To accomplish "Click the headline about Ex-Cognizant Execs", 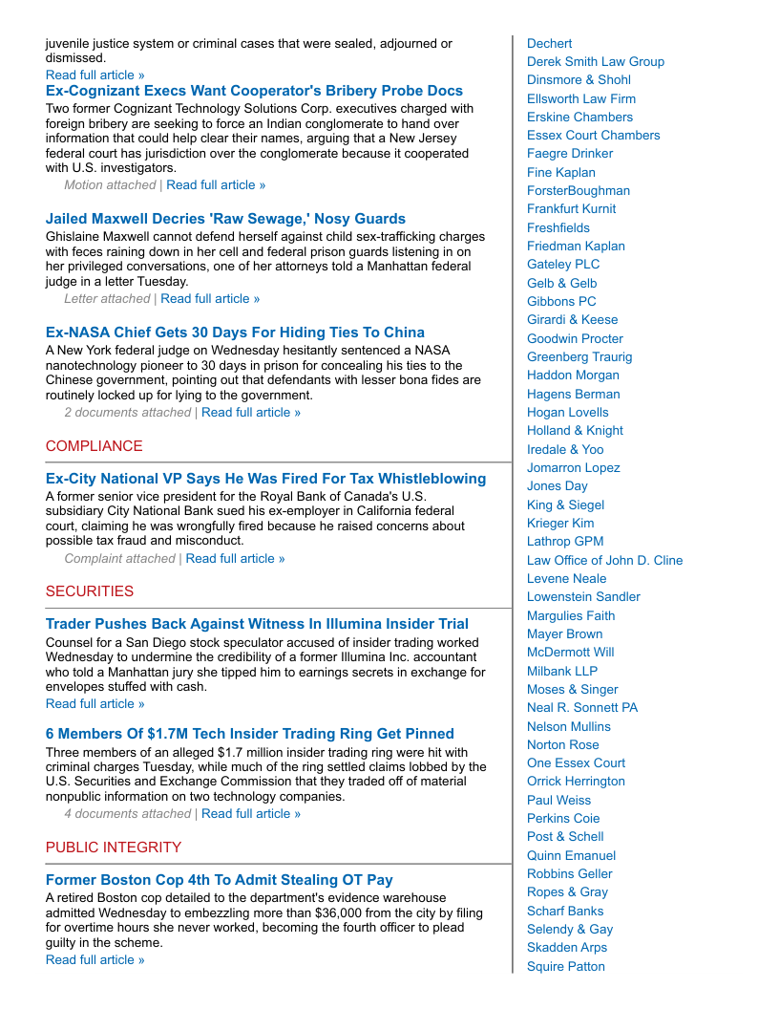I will click(x=254, y=91).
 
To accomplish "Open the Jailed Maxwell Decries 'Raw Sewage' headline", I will click(x=225, y=219).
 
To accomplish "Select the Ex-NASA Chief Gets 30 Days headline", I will click(x=235, y=333).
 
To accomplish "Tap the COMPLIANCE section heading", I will click(x=94, y=446).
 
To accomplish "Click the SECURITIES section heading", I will click(x=90, y=591).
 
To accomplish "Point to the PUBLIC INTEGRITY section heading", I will click(x=113, y=848).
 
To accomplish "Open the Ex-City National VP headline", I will click(x=265, y=479).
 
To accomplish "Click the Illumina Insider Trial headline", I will click(x=257, y=624).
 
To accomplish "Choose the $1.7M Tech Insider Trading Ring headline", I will click(x=249, y=734).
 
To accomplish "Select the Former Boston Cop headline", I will click(x=219, y=880).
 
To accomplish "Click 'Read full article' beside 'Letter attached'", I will click(x=210, y=299).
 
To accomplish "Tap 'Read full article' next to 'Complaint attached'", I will click(x=235, y=559).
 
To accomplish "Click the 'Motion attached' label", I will click(x=110, y=185).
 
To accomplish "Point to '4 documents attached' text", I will click(x=127, y=814).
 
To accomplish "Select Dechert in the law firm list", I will click(x=549, y=44).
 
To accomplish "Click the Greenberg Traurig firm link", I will click(x=579, y=357).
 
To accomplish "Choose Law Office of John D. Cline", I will click(x=604, y=561).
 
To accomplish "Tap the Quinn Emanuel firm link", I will click(x=571, y=856).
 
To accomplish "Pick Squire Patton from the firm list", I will click(x=565, y=967).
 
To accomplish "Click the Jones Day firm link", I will click(x=557, y=486).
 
